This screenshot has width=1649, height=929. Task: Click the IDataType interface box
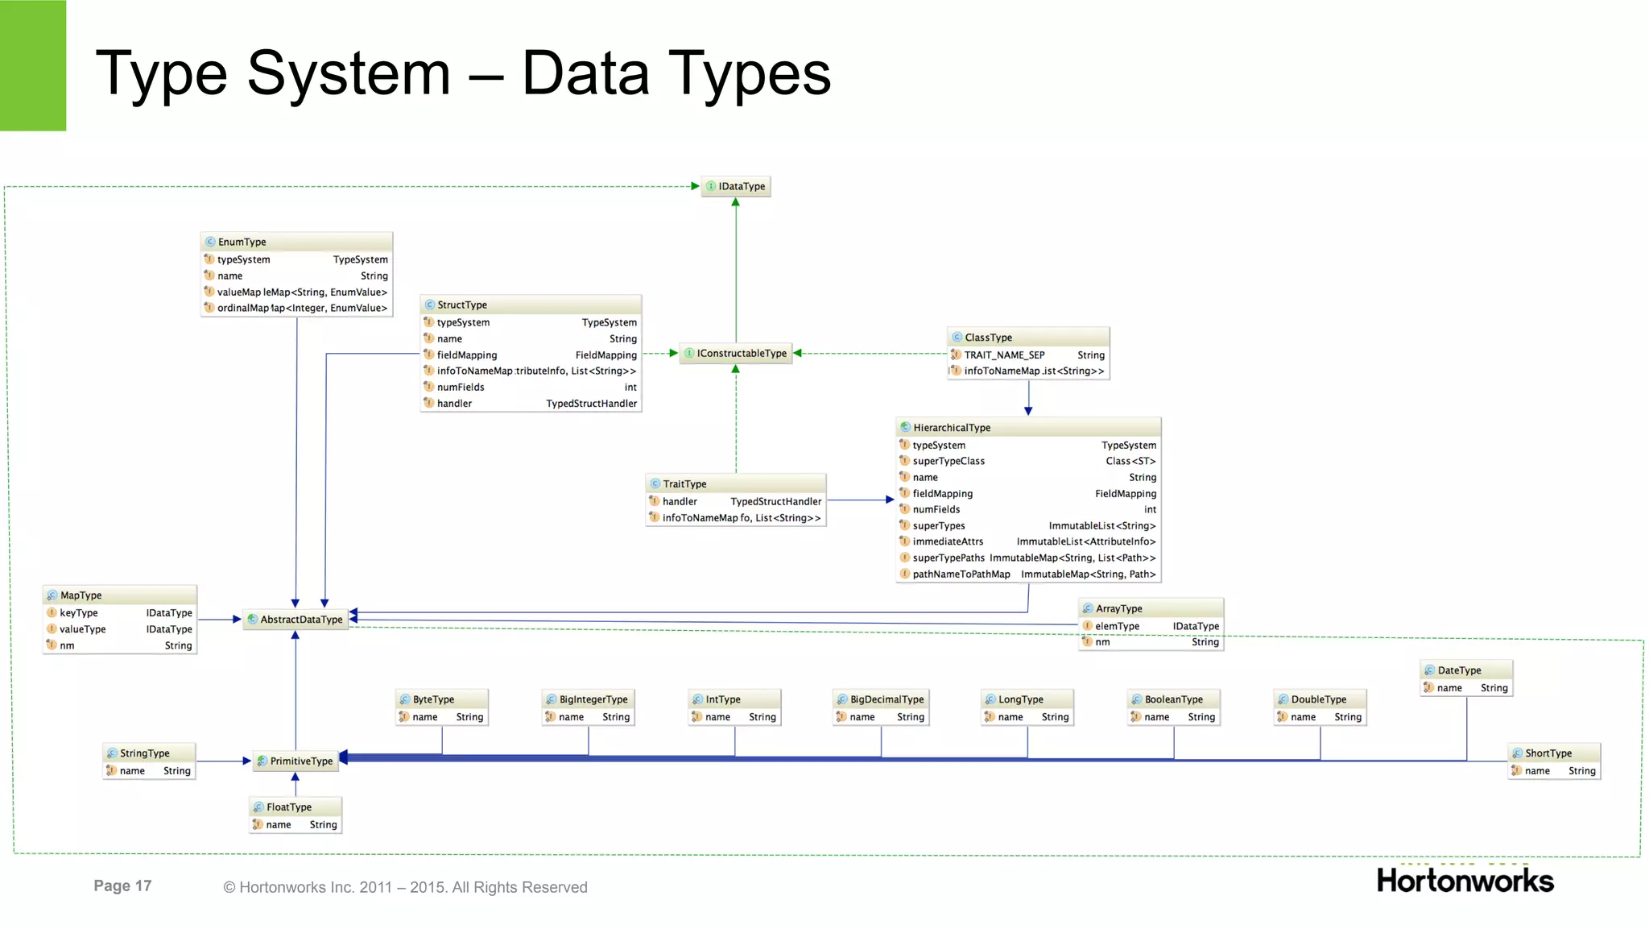click(x=736, y=186)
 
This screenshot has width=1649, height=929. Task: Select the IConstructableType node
click(x=736, y=353)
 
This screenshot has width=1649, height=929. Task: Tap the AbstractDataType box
click(x=295, y=619)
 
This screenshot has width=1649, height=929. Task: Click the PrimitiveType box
click(x=295, y=761)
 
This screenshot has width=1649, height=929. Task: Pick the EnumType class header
click(x=296, y=242)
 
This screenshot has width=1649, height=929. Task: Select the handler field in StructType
click(x=454, y=403)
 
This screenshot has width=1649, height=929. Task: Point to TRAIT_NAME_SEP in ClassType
click(x=1004, y=355)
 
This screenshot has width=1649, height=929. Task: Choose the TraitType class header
click(x=736, y=483)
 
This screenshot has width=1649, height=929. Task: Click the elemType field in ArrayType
click(x=1117, y=626)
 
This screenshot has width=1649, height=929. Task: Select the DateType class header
click(x=1465, y=670)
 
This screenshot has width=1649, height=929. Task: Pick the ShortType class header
click(x=1553, y=753)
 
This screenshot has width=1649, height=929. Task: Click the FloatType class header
click(x=295, y=807)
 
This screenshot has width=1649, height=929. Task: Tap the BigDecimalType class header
click(x=881, y=699)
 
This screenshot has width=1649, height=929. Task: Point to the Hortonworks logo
click(x=1465, y=881)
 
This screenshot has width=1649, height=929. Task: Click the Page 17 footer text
click(x=122, y=885)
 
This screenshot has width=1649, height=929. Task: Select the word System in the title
click(x=348, y=74)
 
